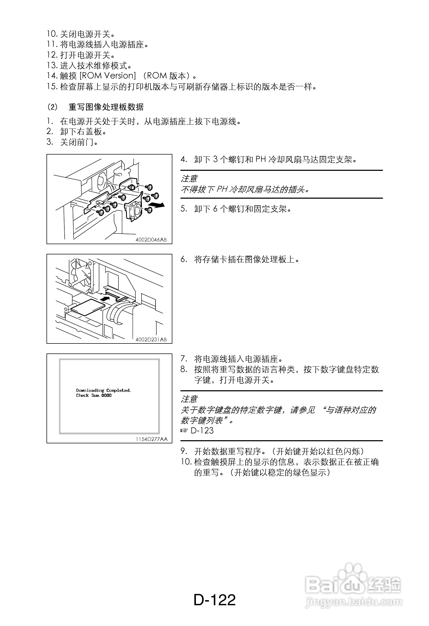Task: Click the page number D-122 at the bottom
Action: point(214,600)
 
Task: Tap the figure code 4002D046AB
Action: point(151,240)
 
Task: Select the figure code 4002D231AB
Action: point(151,339)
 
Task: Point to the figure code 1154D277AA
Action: point(151,439)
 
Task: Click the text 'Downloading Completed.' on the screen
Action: point(104,390)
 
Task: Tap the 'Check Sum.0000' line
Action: point(94,396)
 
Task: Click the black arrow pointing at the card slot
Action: point(105,299)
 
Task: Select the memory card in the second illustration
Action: point(87,307)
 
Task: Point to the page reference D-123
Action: point(202,431)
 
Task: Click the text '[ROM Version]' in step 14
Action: point(108,76)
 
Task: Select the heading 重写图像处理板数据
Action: point(106,107)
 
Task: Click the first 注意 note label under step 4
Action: point(189,179)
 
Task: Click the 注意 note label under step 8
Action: point(189,399)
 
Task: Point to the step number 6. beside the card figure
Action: point(184,259)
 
